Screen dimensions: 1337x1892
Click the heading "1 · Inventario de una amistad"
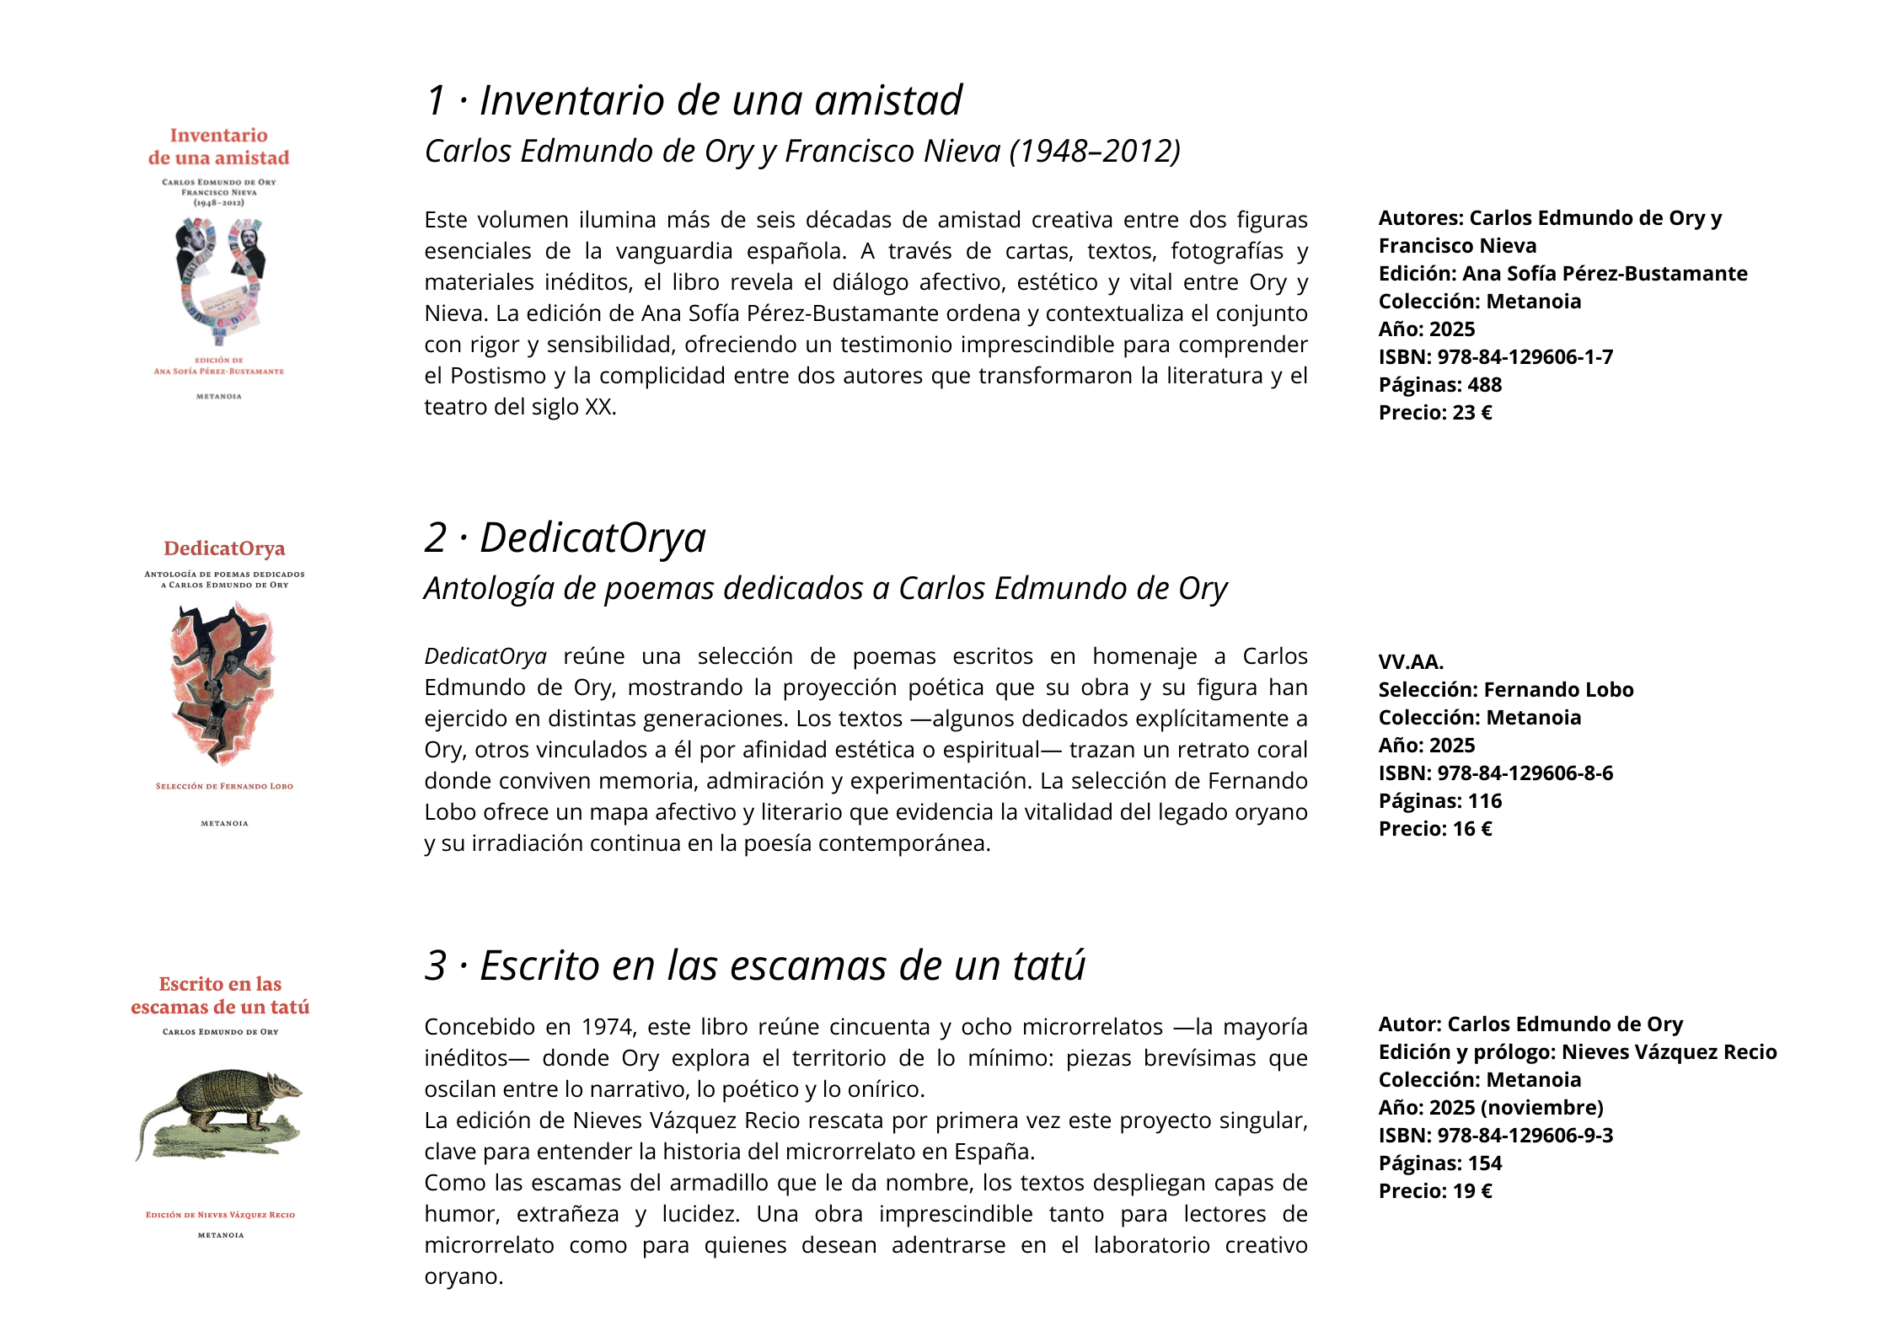pyautogui.click(x=694, y=101)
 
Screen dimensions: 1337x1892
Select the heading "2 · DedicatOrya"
pyautogui.click(x=565, y=538)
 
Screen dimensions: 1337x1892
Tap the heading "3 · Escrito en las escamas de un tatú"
pyautogui.click(x=754, y=965)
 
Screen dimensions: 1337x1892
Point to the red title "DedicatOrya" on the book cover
pyautogui.click(x=224, y=548)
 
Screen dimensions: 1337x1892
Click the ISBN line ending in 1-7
pyautogui.click(x=1495, y=357)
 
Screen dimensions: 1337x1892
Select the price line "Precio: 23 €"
pyautogui.click(x=1434, y=413)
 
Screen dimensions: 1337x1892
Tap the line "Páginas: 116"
pyautogui.click(x=1439, y=801)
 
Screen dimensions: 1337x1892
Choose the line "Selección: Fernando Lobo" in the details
pyautogui.click(x=1505, y=690)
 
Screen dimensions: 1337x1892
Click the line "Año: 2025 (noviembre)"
pyautogui.click(x=1490, y=1108)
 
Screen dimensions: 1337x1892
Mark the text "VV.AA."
pyautogui.click(x=1410, y=662)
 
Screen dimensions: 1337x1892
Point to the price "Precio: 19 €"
pyautogui.click(x=1434, y=1191)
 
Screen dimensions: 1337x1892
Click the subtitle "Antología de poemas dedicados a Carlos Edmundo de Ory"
pyautogui.click(x=825, y=589)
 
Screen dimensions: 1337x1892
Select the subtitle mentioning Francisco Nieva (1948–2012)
pyautogui.click(x=801, y=152)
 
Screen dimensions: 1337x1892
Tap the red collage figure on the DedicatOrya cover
pyautogui.click(x=222, y=682)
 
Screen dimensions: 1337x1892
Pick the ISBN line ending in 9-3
pyautogui.click(x=1495, y=1136)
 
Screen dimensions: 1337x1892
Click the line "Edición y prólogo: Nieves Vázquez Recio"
pyautogui.click(x=1577, y=1052)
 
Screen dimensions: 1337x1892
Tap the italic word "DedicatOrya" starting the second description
pyautogui.click(x=485, y=656)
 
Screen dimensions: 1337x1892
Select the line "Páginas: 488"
pyautogui.click(x=1439, y=385)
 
